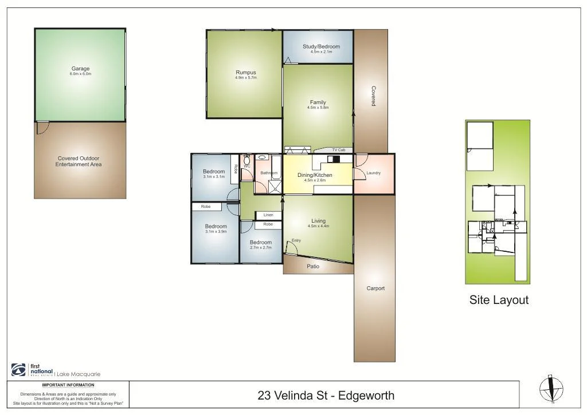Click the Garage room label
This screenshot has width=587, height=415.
tap(80, 69)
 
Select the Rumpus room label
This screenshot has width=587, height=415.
tap(245, 73)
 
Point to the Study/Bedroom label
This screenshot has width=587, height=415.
tap(321, 46)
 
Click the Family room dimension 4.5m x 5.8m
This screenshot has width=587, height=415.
tap(318, 108)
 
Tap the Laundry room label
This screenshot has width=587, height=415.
tap(373, 173)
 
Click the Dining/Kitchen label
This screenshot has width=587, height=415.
tap(315, 175)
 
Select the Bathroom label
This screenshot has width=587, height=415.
tap(269, 173)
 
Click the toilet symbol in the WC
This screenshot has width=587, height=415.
tap(247, 161)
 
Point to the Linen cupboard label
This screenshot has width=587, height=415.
tap(268, 215)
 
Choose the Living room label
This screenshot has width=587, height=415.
tap(318, 221)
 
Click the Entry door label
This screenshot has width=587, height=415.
tap(296, 240)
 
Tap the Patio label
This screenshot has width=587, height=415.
tap(313, 267)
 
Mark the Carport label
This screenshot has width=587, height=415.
tap(375, 288)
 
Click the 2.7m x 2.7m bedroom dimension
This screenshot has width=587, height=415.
tap(261, 247)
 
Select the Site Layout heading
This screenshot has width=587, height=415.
tap(499, 299)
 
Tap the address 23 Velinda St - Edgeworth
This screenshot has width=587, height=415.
tap(326, 395)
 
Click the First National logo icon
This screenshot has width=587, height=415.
tap(18, 370)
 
